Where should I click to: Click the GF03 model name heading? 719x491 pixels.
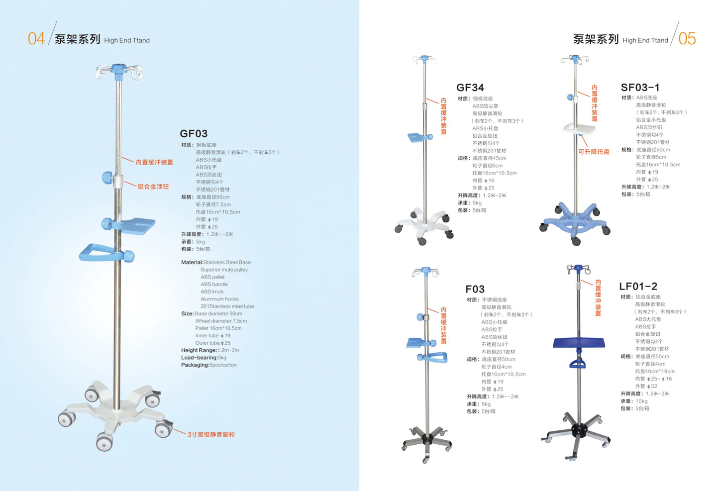coord(194,134)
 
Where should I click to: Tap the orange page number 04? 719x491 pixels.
coord(36,39)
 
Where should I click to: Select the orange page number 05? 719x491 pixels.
coord(687,39)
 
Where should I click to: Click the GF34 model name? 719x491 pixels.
coord(470,88)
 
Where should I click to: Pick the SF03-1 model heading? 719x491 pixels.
coord(640,88)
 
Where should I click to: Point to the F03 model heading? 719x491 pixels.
coord(475,290)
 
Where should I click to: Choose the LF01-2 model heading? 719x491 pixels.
coord(638,287)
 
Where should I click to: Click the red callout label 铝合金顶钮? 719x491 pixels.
coord(153,187)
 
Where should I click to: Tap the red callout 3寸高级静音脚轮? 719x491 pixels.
coord(211,435)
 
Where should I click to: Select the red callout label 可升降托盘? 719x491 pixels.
coord(594,152)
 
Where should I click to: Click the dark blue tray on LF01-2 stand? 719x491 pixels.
coord(579,343)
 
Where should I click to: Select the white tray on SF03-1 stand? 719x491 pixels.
coord(579,129)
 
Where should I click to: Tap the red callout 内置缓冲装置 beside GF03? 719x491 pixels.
coord(154,162)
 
